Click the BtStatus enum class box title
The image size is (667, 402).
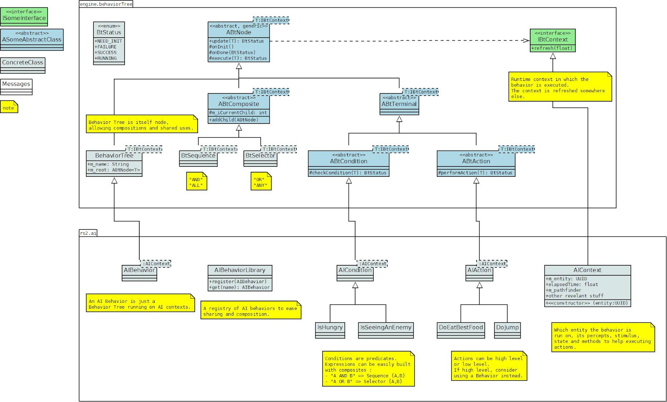pyautogui.click(x=109, y=32)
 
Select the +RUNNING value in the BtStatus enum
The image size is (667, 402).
pyautogui.click(x=106, y=58)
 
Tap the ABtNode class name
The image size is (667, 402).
pyautogui.click(x=238, y=32)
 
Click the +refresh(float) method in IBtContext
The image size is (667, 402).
pyautogui.click(x=552, y=48)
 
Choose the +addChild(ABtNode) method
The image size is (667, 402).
pyautogui.click(x=234, y=120)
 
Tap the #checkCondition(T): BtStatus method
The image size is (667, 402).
pyautogui.click(x=348, y=173)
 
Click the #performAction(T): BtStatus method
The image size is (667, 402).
pyautogui.click(x=475, y=173)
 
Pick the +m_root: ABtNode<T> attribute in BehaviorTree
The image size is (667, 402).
pyautogui.click(x=114, y=170)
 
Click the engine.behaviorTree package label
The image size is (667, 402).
pyautogui.click(x=106, y=4)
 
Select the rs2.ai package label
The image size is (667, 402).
pyautogui.click(x=88, y=233)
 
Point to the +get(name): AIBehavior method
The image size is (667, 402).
pyautogui.click(x=239, y=287)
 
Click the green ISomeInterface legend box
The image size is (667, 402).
pyautogui.click(x=24, y=16)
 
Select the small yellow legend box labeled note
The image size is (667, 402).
pyautogui.click(x=9, y=108)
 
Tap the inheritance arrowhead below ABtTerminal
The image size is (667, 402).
pyautogui.click(x=399, y=119)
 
